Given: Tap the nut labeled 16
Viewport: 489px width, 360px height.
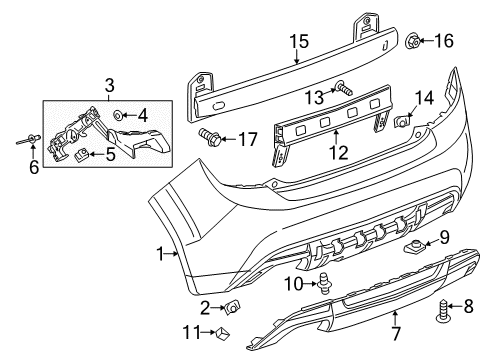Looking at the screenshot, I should [x=413, y=40].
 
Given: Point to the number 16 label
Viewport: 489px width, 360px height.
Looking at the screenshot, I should [x=443, y=40].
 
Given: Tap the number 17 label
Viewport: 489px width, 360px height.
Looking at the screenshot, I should [x=247, y=138].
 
